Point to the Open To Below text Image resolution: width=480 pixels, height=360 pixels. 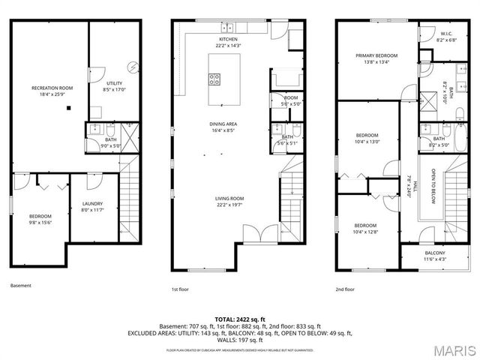433,187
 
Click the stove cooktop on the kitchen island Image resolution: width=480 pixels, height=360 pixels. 214,79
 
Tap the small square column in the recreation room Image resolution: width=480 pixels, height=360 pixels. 69,108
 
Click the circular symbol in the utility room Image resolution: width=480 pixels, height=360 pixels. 132,66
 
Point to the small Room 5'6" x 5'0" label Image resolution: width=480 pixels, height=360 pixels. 291,100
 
